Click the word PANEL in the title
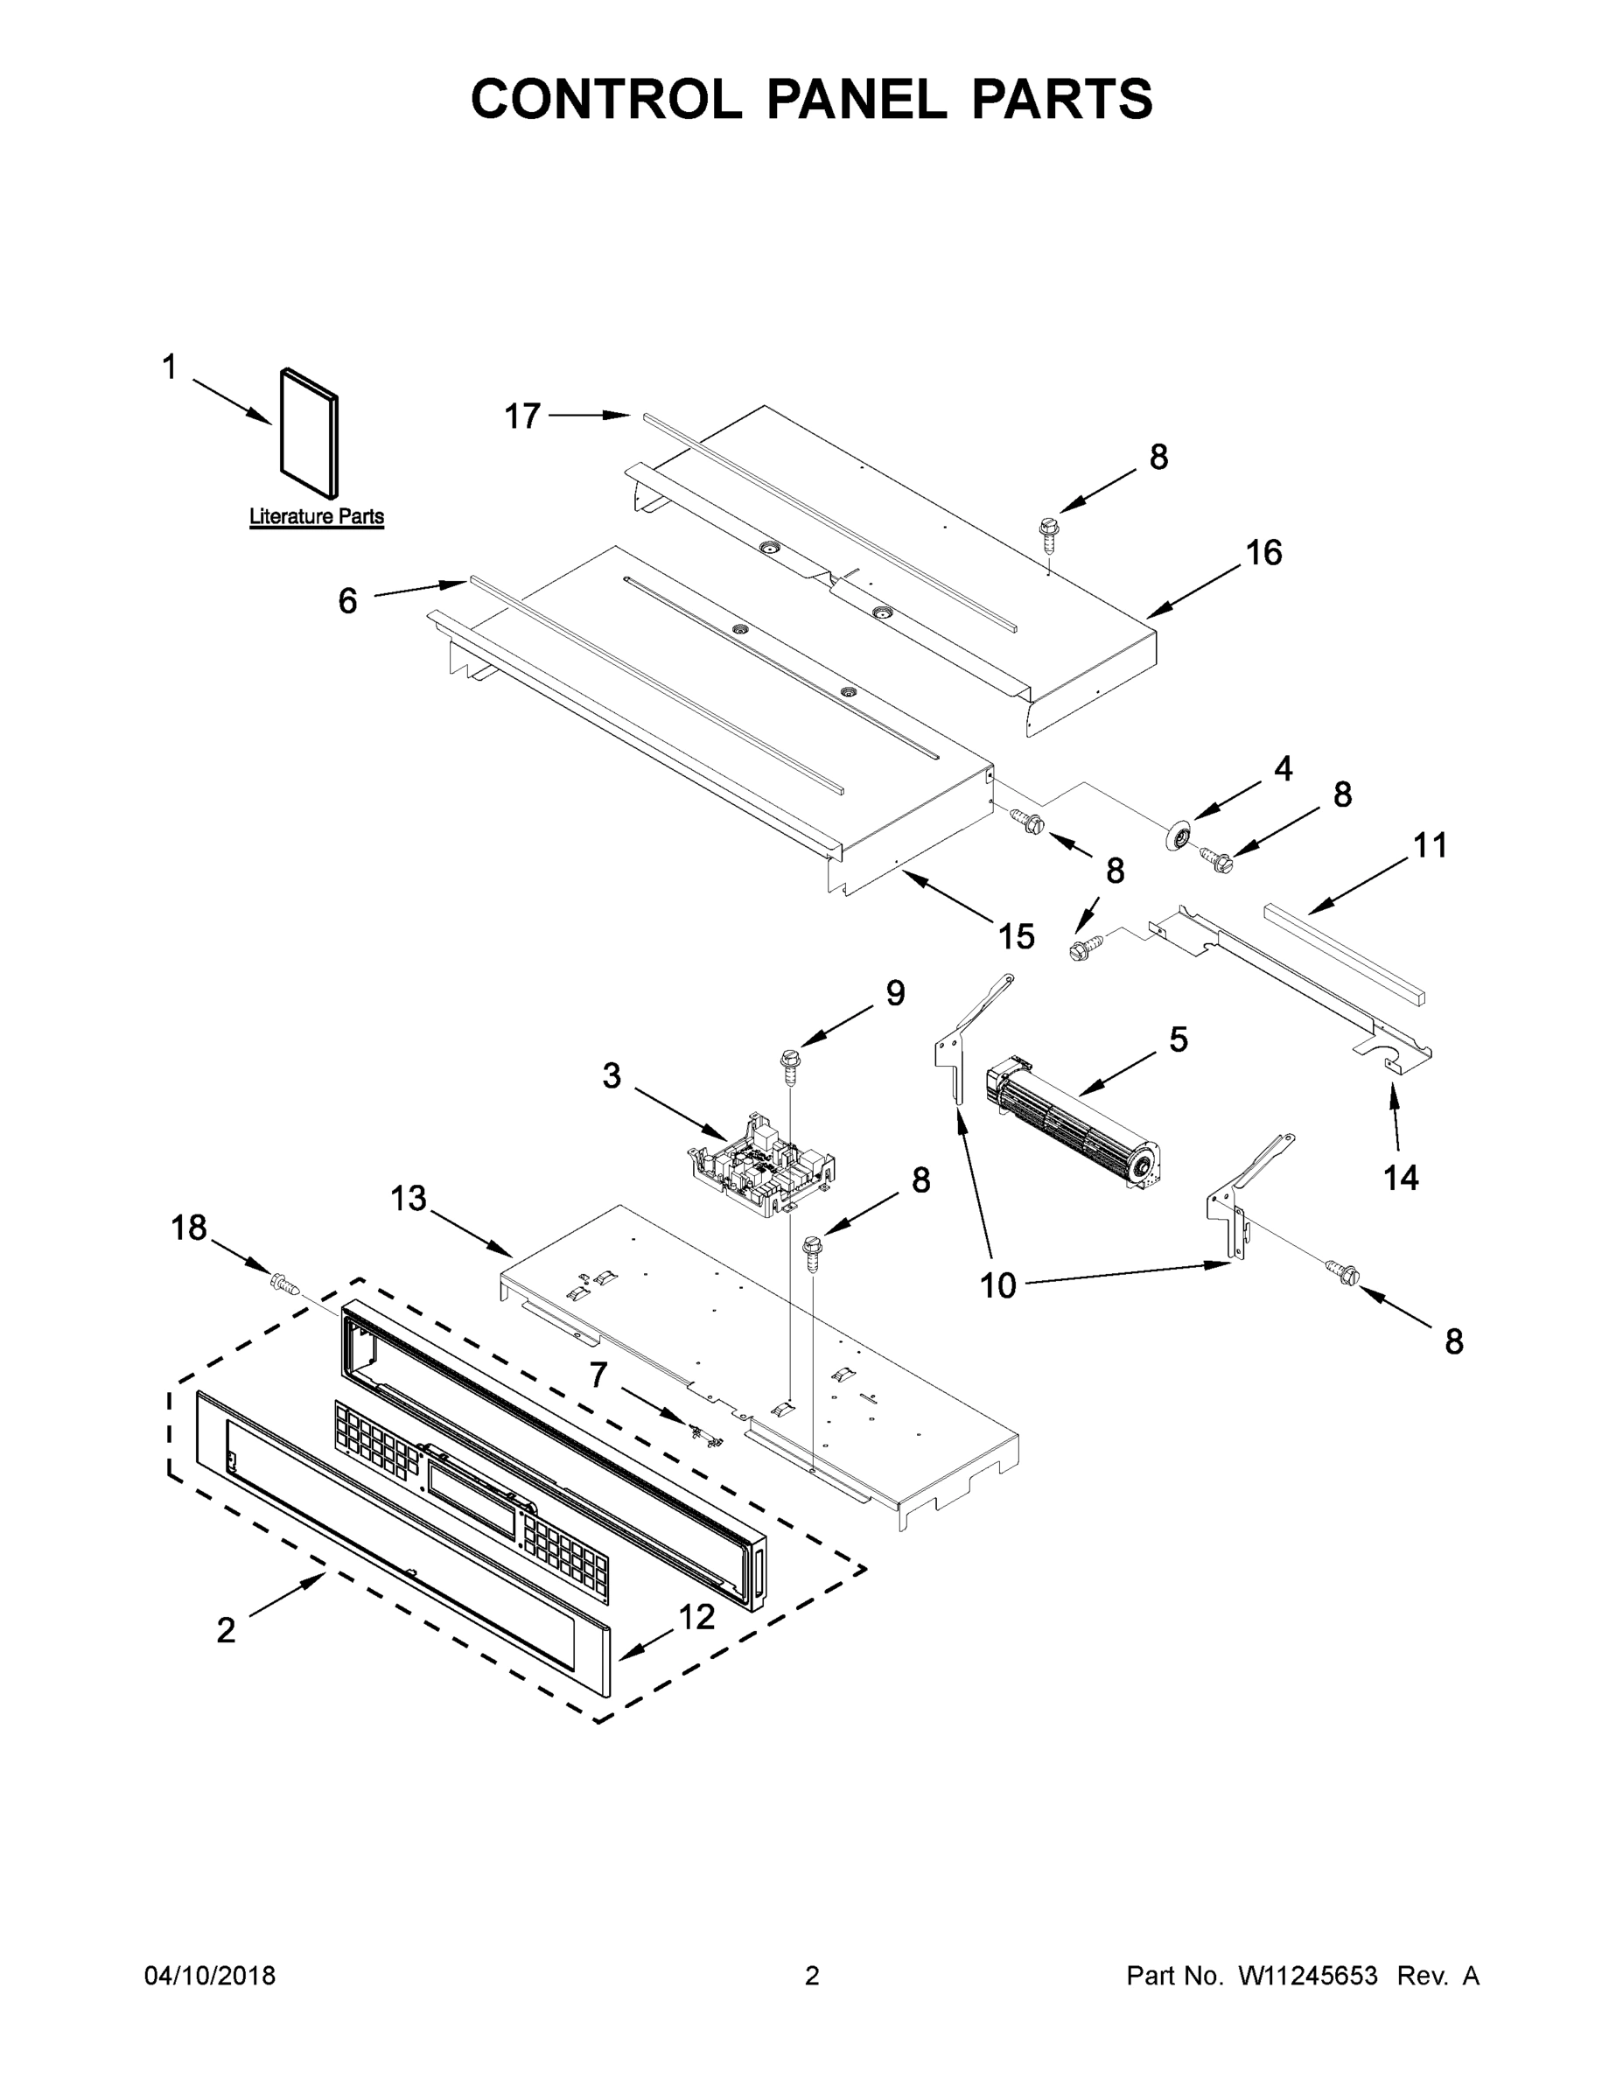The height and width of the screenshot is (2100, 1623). tap(857, 99)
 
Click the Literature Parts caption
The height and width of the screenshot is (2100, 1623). tap(317, 516)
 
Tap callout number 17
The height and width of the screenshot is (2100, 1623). tap(522, 416)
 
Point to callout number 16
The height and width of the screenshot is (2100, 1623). tap(1263, 553)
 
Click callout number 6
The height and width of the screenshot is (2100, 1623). tap(347, 601)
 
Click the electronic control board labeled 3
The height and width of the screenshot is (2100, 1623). tap(762, 1165)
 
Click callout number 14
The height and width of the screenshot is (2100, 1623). tap(1400, 1177)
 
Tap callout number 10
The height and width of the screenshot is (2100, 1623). tap(997, 1285)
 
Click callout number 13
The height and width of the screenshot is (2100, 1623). tap(408, 1198)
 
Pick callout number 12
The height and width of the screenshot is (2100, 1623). tap(696, 1617)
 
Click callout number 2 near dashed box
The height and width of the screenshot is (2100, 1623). tap(226, 1630)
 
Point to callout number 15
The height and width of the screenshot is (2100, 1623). tap(1017, 935)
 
